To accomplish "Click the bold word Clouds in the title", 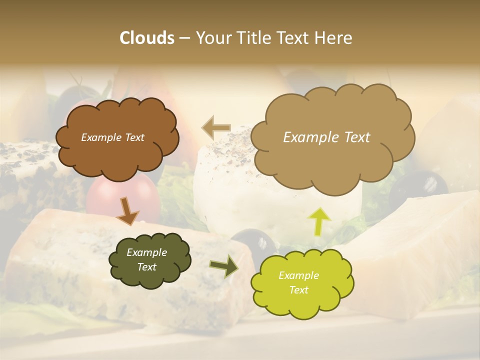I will (x=147, y=38).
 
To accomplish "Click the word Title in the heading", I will (x=259, y=38).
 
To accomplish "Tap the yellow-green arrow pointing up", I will (x=319, y=220).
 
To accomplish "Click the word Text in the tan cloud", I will (x=354, y=137).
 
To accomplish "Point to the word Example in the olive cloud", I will (x=146, y=252).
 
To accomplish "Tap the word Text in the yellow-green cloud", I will (x=298, y=290).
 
